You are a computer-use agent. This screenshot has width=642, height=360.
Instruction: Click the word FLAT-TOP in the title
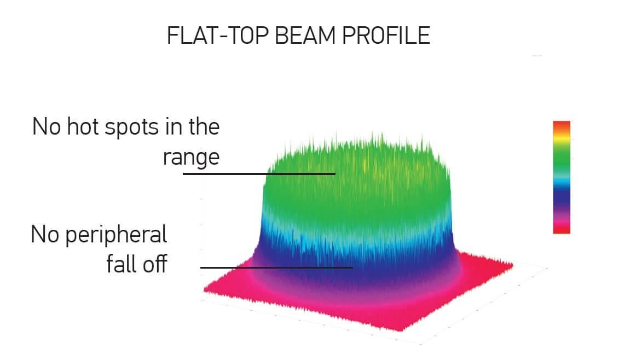point(218,36)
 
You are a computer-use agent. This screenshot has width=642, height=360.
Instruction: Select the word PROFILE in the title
point(386,36)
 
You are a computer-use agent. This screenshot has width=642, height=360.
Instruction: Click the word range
point(191,158)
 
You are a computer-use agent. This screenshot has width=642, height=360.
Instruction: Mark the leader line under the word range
point(259,174)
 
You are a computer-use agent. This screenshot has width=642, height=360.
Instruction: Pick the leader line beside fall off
point(276,268)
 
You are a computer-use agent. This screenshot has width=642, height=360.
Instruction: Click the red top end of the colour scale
point(562,125)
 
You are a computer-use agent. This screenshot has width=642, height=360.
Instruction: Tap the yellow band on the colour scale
point(562,139)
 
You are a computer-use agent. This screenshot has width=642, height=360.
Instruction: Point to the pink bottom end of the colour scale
point(562,227)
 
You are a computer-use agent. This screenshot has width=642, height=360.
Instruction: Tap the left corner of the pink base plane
point(205,290)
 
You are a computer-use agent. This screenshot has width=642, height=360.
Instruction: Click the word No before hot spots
point(47,126)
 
